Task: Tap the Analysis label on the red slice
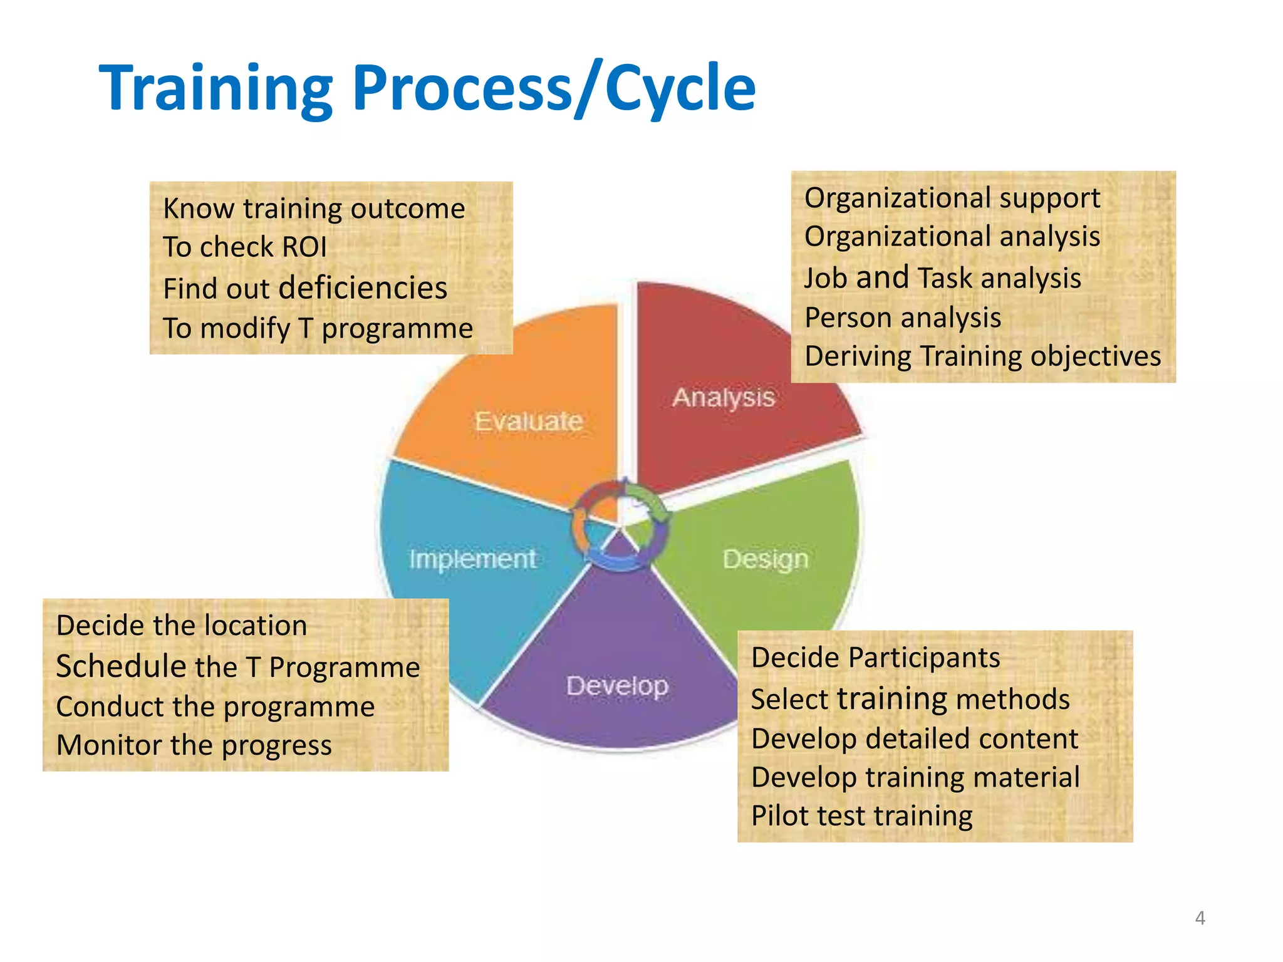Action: click(x=724, y=397)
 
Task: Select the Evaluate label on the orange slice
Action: click(x=528, y=421)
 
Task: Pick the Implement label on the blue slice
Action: click(x=472, y=559)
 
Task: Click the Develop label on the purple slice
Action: click(x=617, y=686)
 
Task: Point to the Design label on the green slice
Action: click(x=766, y=559)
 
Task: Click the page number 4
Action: click(x=1200, y=918)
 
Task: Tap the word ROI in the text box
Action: click(x=304, y=247)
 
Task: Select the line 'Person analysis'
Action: click(x=902, y=318)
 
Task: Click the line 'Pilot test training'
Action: click(x=861, y=815)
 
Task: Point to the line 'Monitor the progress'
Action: click(x=194, y=745)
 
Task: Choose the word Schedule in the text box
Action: click(x=121, y=666)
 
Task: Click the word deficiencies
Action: click(x=363, y=288)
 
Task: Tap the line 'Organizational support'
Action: click(x=952, y=198)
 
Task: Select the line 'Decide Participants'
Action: click(x=875, y=658)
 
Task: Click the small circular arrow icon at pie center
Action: click(x=620, y=525)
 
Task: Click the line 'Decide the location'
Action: click(x=182, y=626)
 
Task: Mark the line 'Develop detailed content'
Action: click(x=914, y=738)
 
